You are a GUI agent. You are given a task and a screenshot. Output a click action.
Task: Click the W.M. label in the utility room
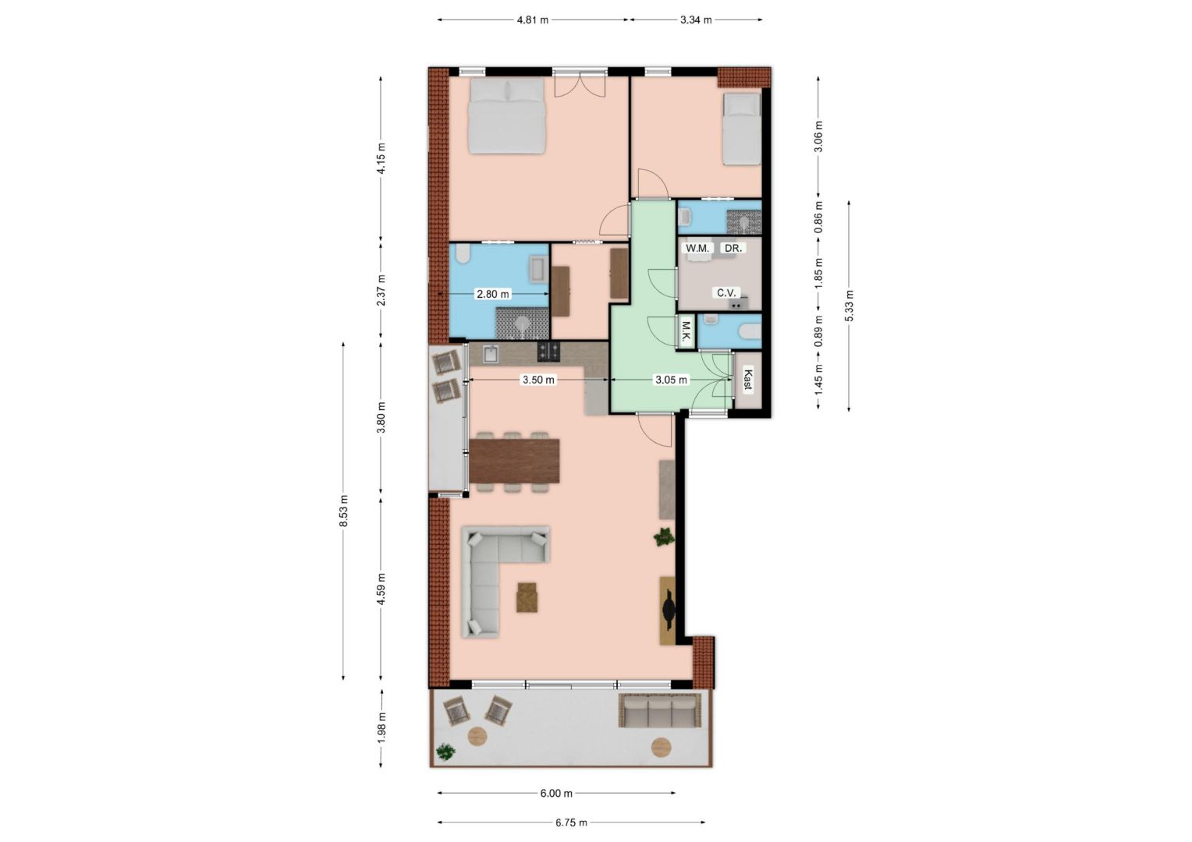(697, 249)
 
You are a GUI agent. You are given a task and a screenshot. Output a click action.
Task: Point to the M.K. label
(686, 332)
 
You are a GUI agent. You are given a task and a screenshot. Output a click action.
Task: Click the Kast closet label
(747, 380)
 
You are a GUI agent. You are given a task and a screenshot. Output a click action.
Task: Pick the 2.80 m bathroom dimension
(493, 294)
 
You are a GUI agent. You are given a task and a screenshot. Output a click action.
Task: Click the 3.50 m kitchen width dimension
(538, 380)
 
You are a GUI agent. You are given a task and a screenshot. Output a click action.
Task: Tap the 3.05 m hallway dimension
(671, 380)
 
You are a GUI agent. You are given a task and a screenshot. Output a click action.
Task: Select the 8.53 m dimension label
(344, 511)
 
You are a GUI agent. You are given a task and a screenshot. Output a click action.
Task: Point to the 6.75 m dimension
(572, 823)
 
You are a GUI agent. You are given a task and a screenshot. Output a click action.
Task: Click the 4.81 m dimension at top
(533, 20)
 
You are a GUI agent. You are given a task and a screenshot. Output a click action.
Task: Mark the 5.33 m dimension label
(850, 306)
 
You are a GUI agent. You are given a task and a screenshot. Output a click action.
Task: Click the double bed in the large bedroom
(506, 116)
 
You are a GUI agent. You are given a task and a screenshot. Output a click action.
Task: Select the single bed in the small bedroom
(741, 129)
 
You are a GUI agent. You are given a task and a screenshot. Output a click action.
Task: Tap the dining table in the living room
(514, 461)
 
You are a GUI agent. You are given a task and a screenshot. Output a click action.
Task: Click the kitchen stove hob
(548, 351)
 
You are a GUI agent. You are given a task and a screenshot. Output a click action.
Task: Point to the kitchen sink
(491, 354)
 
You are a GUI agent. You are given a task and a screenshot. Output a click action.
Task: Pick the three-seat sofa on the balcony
(660, 710)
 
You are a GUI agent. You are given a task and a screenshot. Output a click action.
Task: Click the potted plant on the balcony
(445, 752)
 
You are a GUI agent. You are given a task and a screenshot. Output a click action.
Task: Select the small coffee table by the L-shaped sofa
(527, 597)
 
